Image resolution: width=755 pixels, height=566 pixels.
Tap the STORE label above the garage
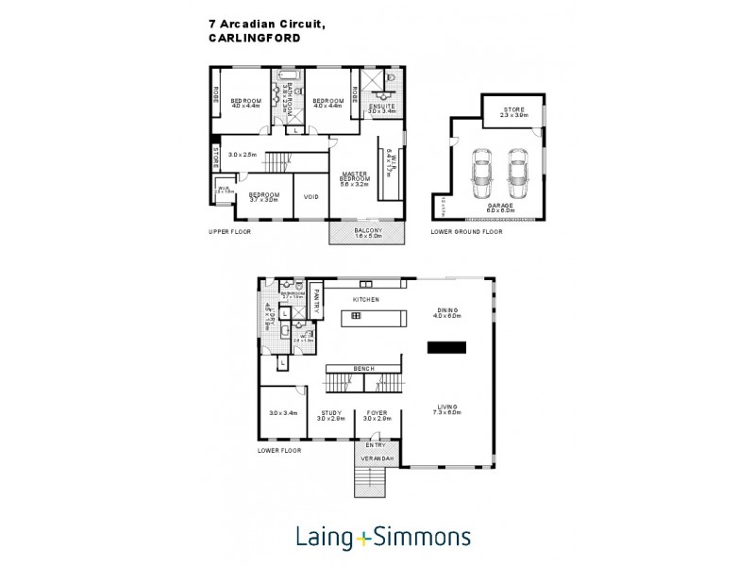coord(512,108)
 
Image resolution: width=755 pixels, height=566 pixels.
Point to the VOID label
coord(310,196)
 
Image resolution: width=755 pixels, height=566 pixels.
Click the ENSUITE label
coord(382,107)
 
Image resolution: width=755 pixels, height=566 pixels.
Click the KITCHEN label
coord(365,299)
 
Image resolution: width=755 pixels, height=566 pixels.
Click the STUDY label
coord(330,412)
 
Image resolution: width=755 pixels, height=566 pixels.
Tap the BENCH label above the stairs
coord(363,368)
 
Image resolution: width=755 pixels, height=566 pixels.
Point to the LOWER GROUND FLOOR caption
coord(466,231)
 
